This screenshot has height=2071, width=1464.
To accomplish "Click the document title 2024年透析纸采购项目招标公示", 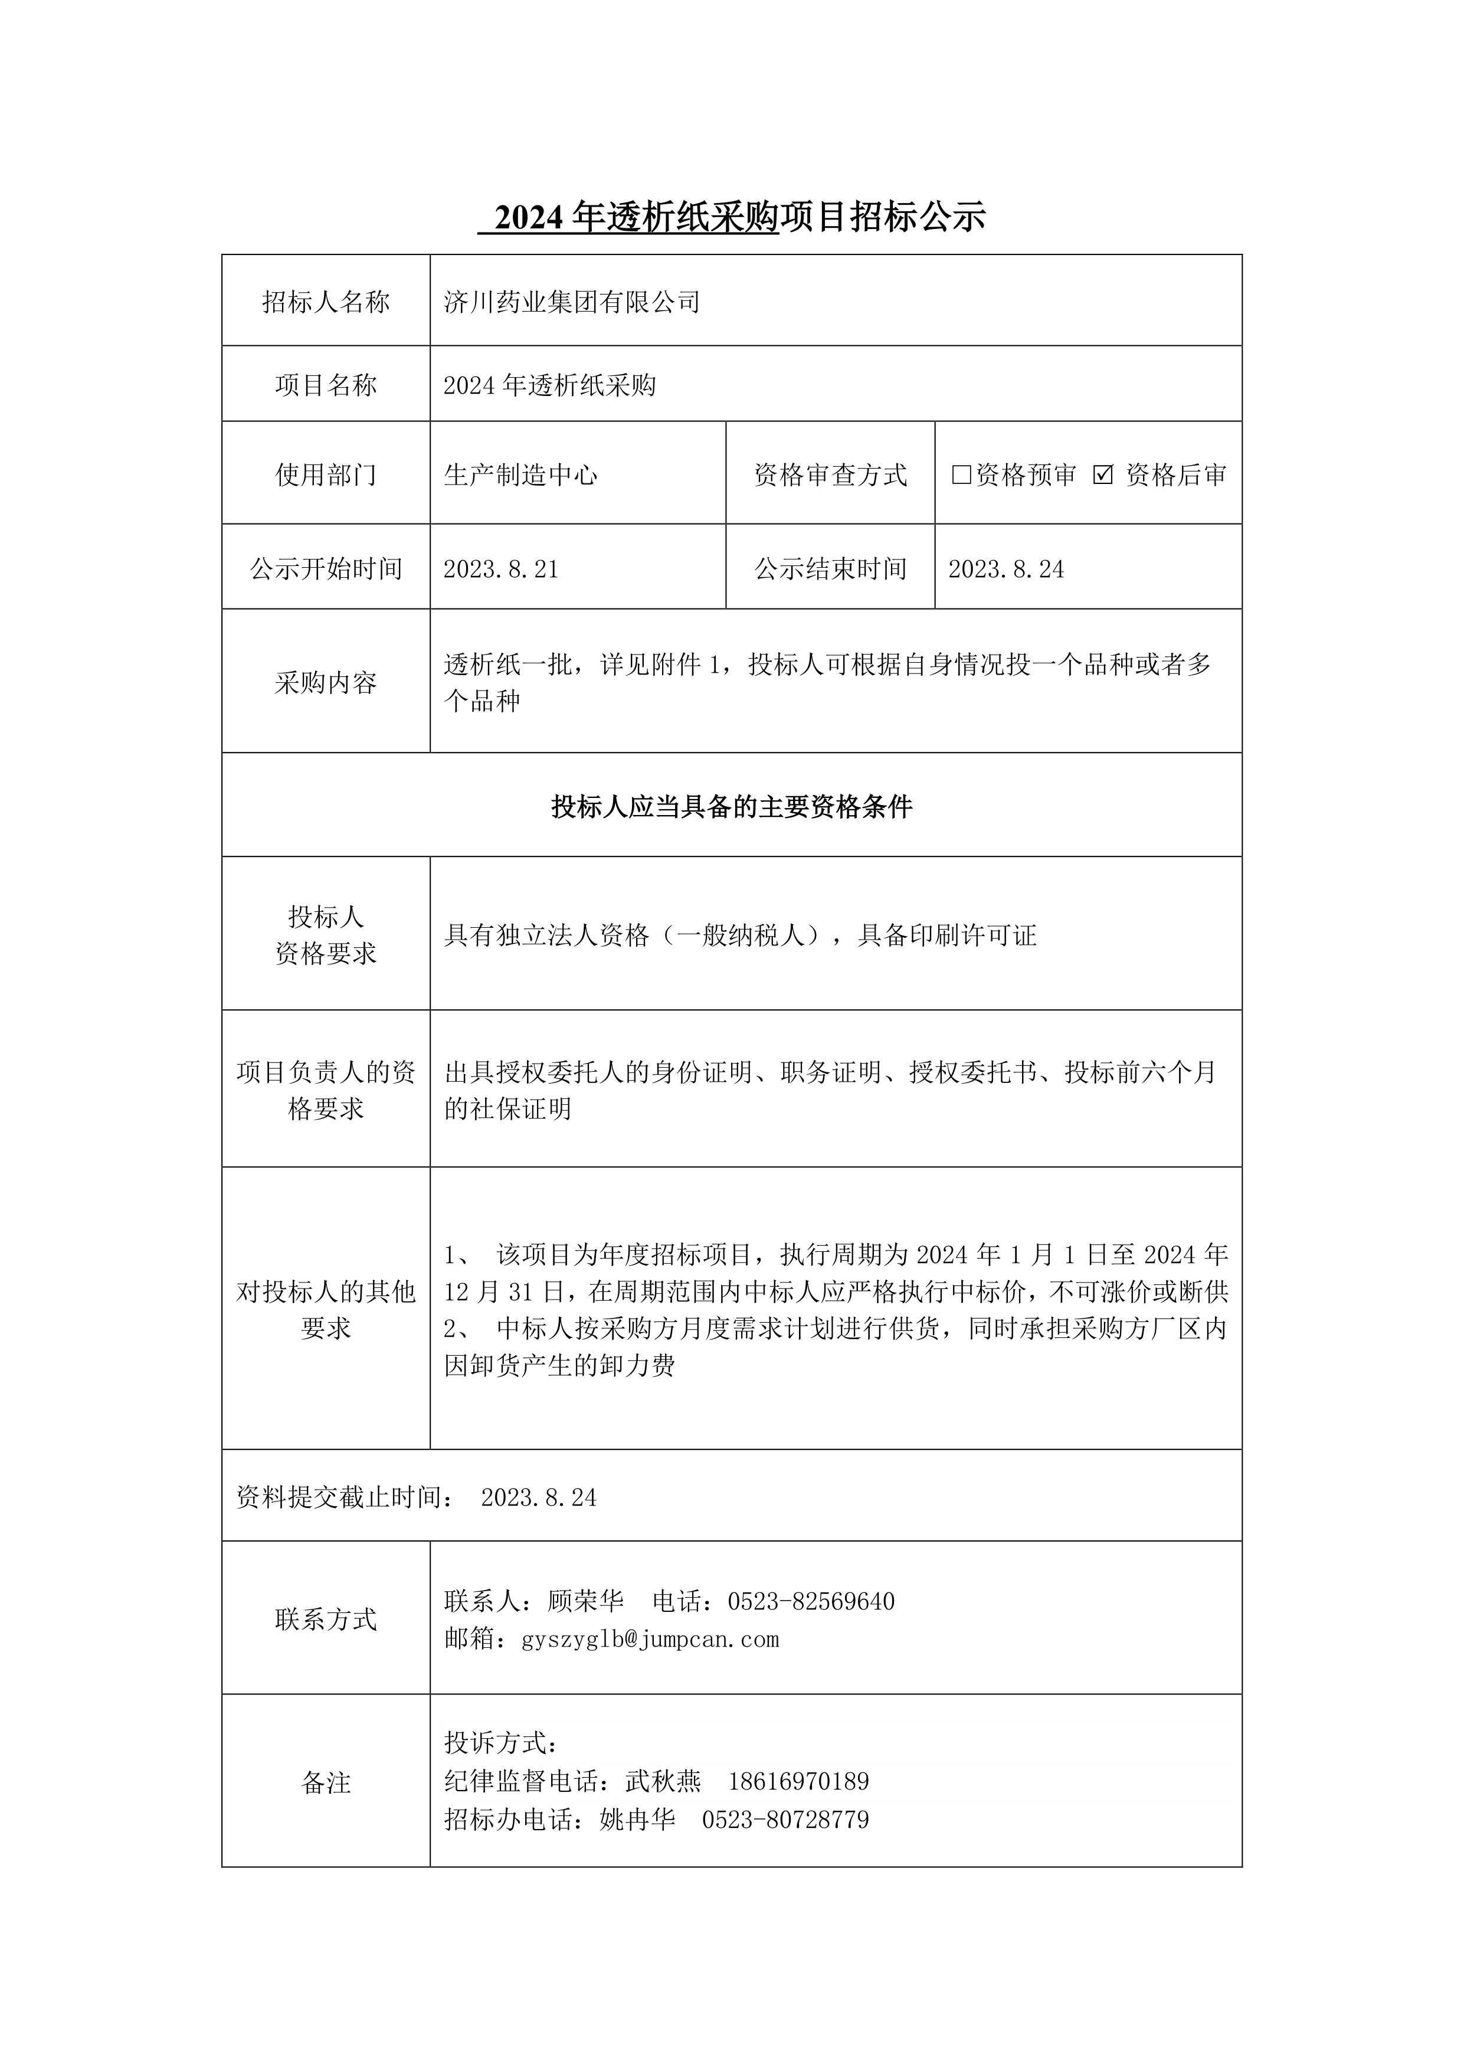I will click(x=732, y=217).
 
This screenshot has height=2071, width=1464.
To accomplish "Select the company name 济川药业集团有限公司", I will click(x=572, y=302).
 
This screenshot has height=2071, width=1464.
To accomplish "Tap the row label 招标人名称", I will click(x=326, y=302).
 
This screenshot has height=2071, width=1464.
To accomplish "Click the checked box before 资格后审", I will click(x=1102, y=475).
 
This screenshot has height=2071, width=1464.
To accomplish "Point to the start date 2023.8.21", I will click(x=502, y=569).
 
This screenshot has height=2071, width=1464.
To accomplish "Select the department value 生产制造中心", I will click(x=520, y=475).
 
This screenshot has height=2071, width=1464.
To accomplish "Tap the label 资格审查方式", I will click(x=830, y=475).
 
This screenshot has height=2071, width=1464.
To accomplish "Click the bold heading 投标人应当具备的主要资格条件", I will click(x=732, y=806).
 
